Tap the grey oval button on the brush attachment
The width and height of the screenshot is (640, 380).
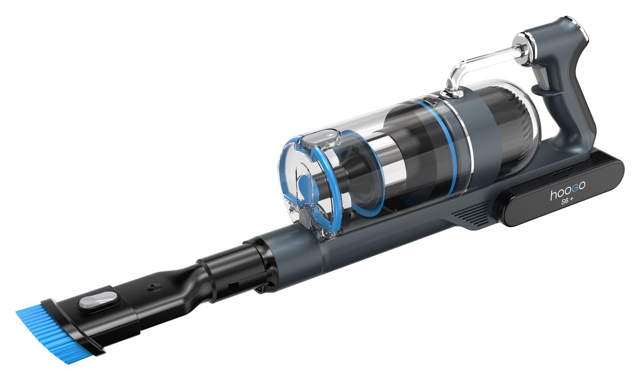click(x=98, y=300)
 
